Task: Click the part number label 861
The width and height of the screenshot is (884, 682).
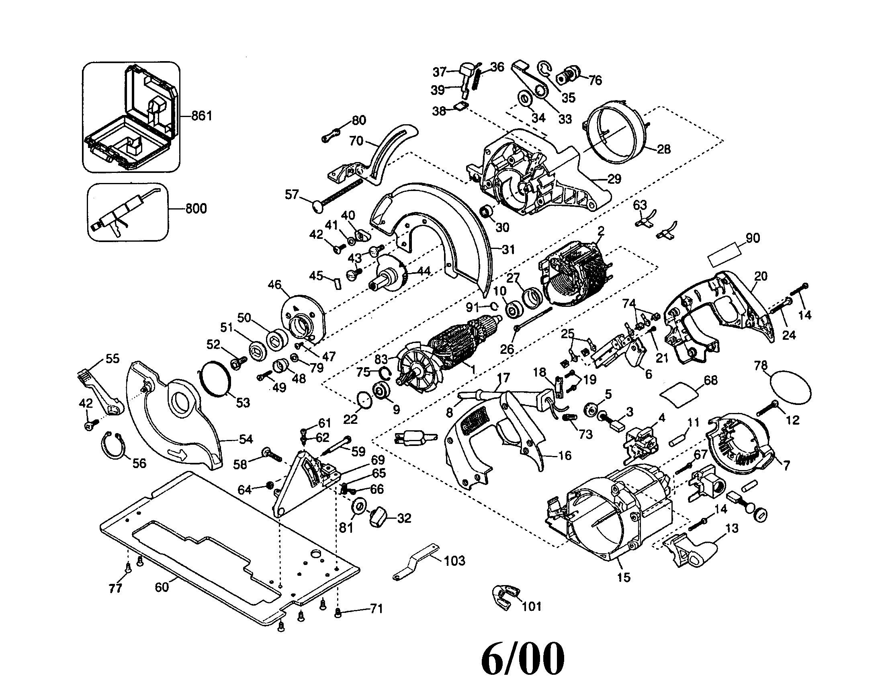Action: (x=202, y=116)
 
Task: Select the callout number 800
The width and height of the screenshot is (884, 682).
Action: (x=196, y=209)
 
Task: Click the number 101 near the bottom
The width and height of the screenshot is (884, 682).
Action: (x=532, y=606)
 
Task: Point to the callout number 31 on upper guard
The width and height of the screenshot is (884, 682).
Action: (x=508, y=250)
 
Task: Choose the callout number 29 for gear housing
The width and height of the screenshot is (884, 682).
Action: (x=614, y=179)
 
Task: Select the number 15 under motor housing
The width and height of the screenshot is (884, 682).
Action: (x=624, y=577)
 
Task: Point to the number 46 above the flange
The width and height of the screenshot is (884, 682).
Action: (x=274, y=285)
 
